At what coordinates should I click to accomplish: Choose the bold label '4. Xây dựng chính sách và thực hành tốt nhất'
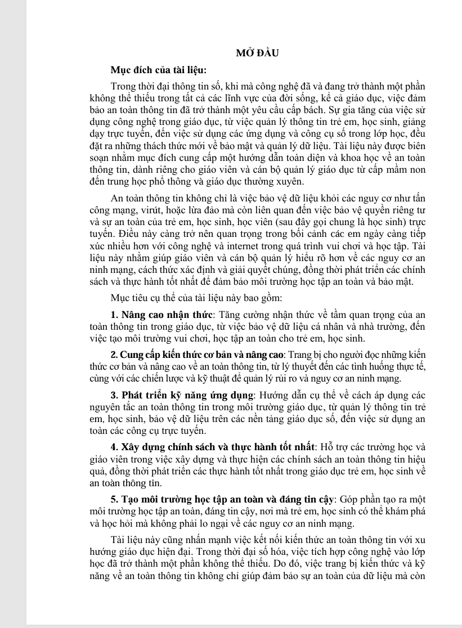[213, 447]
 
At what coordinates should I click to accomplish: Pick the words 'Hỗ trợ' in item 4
[331, 447]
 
